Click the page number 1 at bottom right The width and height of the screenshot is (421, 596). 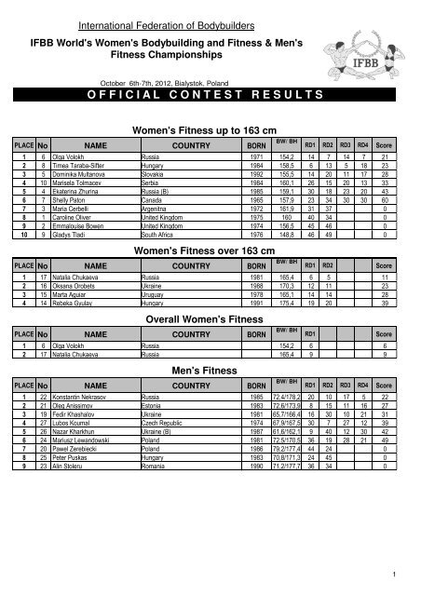click(397, 574)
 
